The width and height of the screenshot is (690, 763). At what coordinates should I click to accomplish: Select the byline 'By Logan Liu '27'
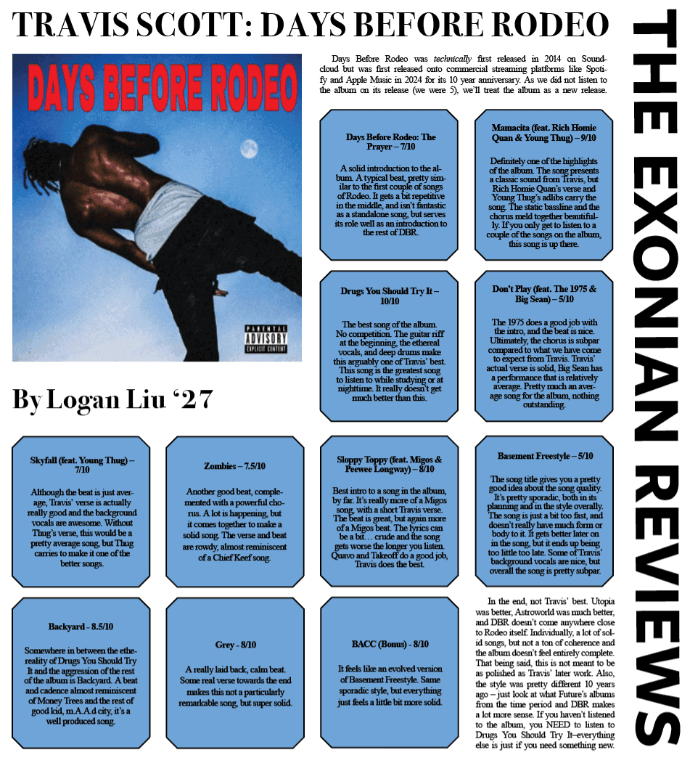[x=112, y=399]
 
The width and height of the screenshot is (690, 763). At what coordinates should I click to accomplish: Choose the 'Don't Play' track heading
[x=543, y=293]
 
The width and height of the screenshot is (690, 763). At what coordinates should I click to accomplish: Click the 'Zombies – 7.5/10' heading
[x=234, y=465]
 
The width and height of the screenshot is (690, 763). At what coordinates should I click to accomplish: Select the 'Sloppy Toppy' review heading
[x=389, y=464]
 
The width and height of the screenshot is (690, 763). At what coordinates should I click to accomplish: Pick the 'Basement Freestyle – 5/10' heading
[x=545, y=456]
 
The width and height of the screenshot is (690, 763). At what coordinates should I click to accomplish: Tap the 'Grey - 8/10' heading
[x=234, y=645]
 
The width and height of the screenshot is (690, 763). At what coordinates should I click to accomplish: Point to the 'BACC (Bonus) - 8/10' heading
[x=389, y=644]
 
